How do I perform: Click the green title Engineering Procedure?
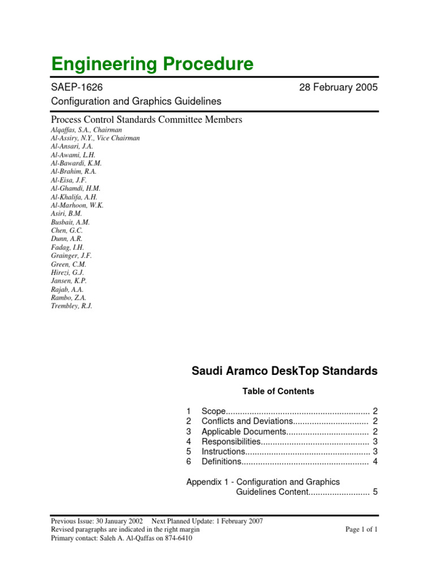pyautogui.click(x=152, y=64)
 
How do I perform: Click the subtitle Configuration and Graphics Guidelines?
pyautogui.click(x=136, y=101)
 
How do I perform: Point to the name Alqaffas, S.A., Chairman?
pyautogui.click(x=86, y=129)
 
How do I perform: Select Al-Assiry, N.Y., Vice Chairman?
pyautogui.click(x=95, y=138)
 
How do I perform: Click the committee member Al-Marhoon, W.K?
pyautogui.click(x=77, y=205)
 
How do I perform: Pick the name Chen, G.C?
pyautogui.click(x=67, y=231)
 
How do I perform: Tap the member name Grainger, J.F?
pyautogui.click(x=71, y=256)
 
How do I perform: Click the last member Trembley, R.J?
pyautogui.click(x=71, y=306)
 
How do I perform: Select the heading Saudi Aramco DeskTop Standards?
pyautogui.click(x=284, y=371)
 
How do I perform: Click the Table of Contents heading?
pyautogui.click(x=278, y=391)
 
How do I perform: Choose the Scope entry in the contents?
pyautogui.click(x=214, y=411)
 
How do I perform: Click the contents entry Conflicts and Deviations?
pyautogui.click(x=246, y=421)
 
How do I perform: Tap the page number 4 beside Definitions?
pyautogui.click(x=375, y=462)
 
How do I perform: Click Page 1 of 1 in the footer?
pyautogui.click(x=361, y=530)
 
